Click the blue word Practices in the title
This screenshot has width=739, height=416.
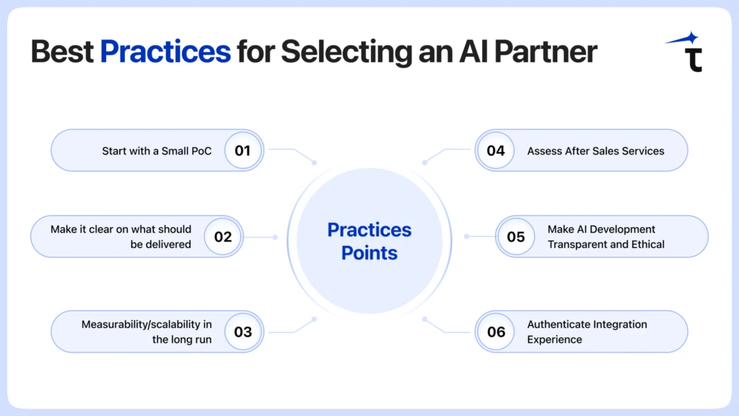tap(165, 52)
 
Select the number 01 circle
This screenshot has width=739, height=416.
tap(242, 151)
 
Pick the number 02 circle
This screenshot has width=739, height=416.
tap(223, 236)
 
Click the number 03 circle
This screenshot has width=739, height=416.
tap(242, 332)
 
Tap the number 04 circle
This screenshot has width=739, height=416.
tap(496, 151)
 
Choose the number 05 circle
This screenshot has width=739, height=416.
tap(516, 236)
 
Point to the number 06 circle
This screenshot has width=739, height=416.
tap(496, 332)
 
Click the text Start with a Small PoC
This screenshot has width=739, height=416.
tap(157, 151)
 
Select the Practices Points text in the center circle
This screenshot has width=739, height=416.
tap(369, 241)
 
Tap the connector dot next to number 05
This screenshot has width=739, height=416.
tap(466, 236)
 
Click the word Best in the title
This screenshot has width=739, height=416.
tap(62, 52)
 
